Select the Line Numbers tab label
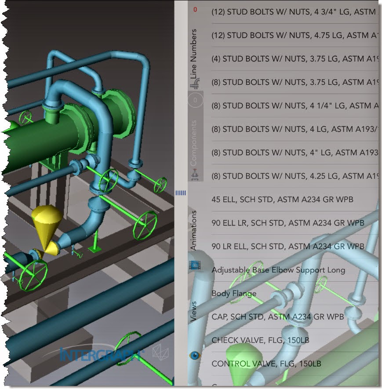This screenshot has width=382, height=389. (194, 54)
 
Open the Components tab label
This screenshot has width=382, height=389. (194, 143)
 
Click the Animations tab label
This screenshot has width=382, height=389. (194, 230)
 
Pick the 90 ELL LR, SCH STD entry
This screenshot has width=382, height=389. (288, 223)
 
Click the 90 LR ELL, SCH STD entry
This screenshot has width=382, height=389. (288, 246)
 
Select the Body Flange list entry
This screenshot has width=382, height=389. (234, 293)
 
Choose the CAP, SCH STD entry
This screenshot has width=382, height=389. (277, 316)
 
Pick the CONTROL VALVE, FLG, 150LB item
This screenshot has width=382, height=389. (266, 364)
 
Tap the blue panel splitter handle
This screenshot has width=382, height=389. (181, 193)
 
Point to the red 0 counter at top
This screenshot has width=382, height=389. (195, 9)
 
